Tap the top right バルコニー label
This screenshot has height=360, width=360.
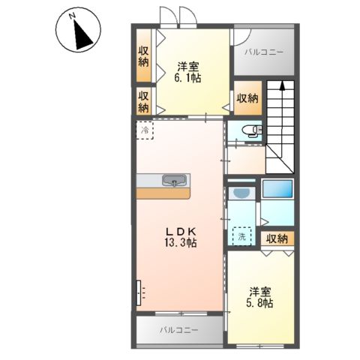click(x=264, y=52)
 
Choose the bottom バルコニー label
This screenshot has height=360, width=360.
click(x=178, y=330)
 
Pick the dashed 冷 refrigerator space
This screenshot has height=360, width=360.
click(x=144, y=130)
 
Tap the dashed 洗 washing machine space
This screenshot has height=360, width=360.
click(x=241, y=236)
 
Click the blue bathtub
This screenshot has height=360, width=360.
click(x=277, y=189)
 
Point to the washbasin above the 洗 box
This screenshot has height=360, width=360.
click(x=241, y=193)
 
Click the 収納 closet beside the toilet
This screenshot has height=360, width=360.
click(x=247, y=99)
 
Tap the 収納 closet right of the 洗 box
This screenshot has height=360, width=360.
click(x=277, y=239)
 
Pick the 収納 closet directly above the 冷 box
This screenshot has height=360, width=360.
click(x=144, y=101)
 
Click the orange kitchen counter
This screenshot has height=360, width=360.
click(x=163, y=192)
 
